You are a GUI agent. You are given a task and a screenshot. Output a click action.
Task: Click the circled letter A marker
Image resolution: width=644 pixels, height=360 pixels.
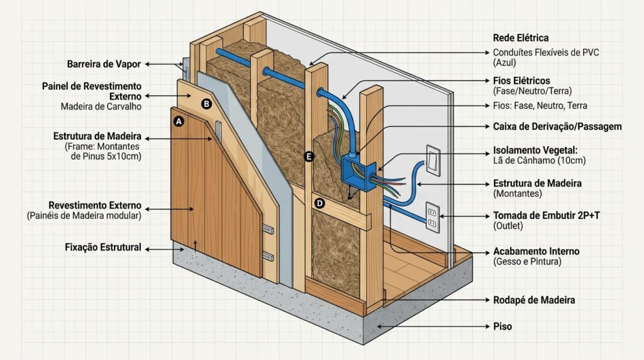tap(178, 121)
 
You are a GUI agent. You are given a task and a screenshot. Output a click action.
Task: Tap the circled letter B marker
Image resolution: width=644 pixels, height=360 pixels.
tap(206, 104)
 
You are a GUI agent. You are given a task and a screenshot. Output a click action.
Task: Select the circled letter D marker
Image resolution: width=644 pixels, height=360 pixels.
tap(319, 203)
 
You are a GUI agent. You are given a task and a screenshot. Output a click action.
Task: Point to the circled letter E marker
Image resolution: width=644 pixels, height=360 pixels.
tap(309, 157)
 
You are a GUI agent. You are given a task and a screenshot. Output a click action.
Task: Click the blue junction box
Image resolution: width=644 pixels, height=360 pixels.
tap(358, 172)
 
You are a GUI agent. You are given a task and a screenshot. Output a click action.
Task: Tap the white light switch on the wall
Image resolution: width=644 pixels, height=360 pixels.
tap(433, 160)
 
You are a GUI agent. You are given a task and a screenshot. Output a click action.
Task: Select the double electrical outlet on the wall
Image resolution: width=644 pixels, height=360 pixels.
tap(432, 217)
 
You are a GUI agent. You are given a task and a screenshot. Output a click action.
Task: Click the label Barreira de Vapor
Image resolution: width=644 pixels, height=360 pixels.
tap(104, 64)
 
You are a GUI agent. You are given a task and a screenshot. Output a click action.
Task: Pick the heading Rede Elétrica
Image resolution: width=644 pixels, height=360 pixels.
tap(521, 38)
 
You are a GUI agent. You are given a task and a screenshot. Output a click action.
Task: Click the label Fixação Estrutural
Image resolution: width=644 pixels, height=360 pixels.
tap(103, 247)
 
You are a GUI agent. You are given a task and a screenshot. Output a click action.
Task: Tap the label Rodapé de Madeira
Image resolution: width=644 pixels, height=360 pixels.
tap(534, 300)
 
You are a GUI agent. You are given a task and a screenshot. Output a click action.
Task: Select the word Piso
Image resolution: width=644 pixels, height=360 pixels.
tap(502, 326)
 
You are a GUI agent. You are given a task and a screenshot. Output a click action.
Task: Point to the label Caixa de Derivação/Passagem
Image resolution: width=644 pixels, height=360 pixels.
tap(557, 127)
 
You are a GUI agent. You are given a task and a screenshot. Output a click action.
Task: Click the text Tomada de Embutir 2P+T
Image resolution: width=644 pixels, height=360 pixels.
tap(547, 215)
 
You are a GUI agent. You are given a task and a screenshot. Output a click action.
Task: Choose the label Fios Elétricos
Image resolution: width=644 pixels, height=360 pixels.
tap(521, 81)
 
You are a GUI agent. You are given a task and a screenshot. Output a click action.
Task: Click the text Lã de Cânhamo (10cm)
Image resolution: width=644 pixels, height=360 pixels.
tap(539, 160)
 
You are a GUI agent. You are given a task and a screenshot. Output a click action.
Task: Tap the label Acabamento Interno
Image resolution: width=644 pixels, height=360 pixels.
tap(536, 251)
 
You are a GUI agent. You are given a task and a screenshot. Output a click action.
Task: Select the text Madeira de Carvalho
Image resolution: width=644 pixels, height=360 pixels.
tap(101, 107)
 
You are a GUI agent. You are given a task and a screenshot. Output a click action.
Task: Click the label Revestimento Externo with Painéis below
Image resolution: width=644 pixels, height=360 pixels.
tap(95, 205)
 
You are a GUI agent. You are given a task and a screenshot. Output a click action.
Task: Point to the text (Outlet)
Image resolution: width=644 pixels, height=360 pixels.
tap(508, 225)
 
